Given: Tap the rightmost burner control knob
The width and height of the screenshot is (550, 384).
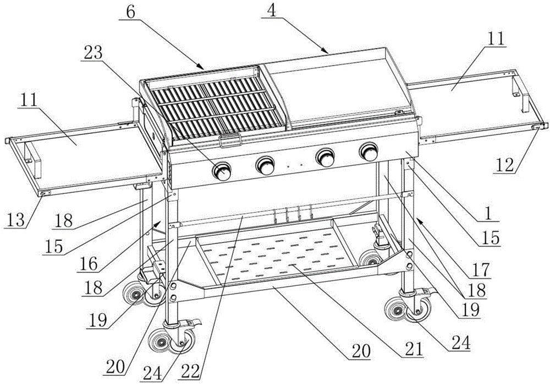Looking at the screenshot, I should (367, 151).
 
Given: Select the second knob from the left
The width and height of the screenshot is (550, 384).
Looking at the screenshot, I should (266, 164).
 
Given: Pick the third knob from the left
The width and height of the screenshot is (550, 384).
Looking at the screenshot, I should (324, 156).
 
